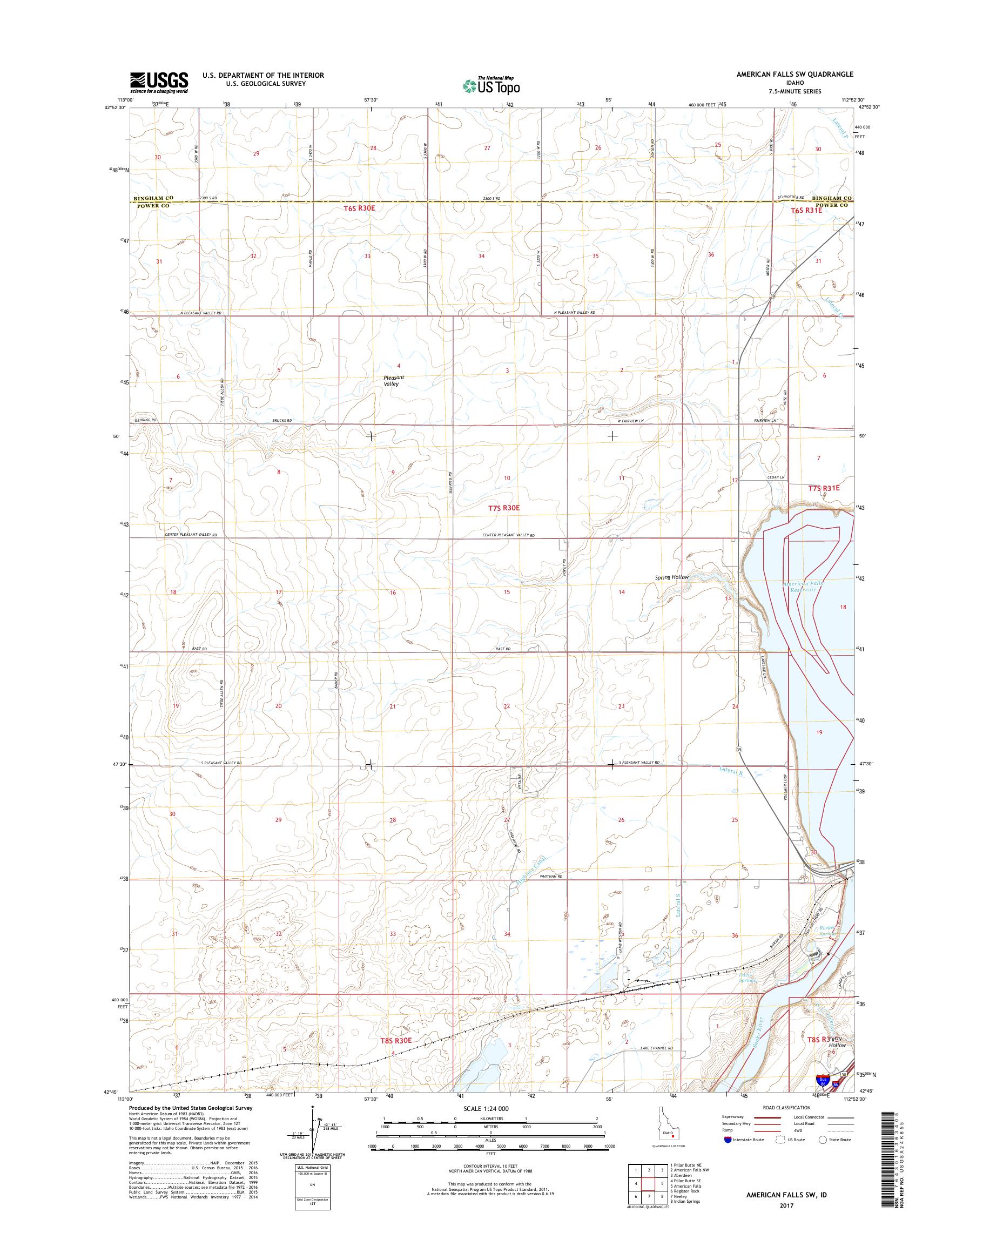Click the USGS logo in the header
coord(159,82)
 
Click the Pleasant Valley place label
coord(394,380)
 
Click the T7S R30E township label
coord(503,508)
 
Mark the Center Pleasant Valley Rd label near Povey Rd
coord(509,535)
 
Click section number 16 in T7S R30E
coord(393,592)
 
